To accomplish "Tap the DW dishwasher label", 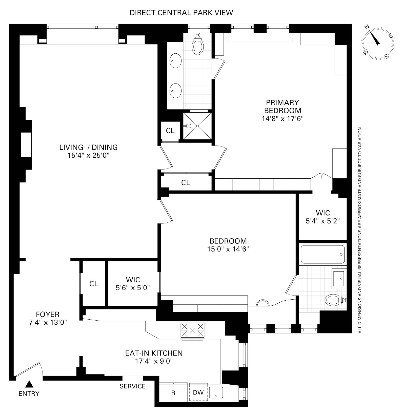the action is pos(198,392).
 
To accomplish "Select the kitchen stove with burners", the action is pos(192,330).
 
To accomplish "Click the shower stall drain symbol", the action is pos(197,126).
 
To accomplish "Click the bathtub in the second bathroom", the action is pos(323,254).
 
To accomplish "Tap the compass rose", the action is pos(378,43).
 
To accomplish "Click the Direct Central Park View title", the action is pos(181,13).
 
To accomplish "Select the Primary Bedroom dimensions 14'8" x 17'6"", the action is pos(282,118).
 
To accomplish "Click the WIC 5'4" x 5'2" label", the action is pos(323,217).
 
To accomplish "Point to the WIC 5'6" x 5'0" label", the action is pos(133,284).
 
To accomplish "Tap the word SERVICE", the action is pos(133,386).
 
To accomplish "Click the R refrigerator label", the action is pos(173,393).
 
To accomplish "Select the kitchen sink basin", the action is pos(216,393).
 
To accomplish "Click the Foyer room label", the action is pos(48,315).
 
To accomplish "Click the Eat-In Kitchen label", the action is pos(154,353).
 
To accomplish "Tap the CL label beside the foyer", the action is pos(94,284).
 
